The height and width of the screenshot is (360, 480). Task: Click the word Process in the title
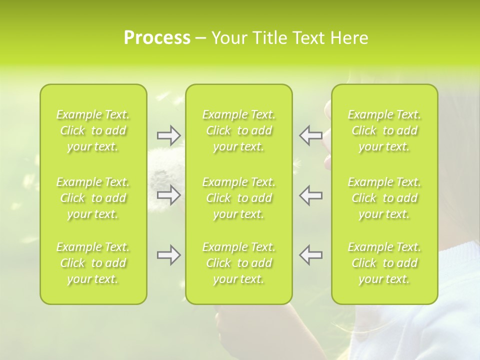click(x=157, y=38)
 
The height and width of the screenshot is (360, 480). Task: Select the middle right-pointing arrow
click(x=168, y=195)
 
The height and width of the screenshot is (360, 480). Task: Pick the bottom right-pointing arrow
click(x=168, y=255)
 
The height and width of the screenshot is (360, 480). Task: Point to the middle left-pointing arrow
click(x=310, y=195)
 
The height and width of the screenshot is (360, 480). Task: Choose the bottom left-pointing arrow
click(x=310, y=255)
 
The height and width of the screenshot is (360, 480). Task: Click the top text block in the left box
click(x=93, y=130)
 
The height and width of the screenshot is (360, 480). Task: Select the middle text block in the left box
click(x=93, y=198)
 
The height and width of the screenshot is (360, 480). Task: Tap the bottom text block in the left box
click(x=93, y=263)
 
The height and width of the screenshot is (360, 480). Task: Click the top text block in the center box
click(x=238, y=130)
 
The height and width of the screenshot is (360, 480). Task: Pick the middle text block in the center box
click(x=238, y=198)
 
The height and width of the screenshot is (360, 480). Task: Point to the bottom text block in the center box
click(x=238, y=263)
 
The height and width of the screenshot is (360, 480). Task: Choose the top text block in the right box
click(x=384, y=130)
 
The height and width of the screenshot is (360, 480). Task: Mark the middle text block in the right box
click(x=384, y=198)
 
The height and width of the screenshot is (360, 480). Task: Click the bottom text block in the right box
click(x=384, y=263)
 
